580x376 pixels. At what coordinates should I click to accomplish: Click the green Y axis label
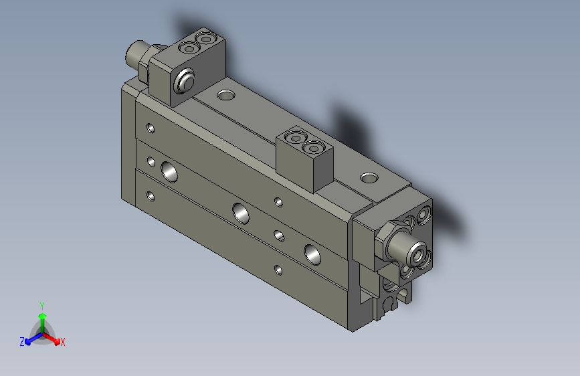[x=41, y=305]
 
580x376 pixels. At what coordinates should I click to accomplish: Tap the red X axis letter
[x=63, y=342]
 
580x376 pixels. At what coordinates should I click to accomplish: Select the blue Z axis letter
[x=22, y=341]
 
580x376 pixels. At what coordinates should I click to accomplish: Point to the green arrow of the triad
[x=41, y=318]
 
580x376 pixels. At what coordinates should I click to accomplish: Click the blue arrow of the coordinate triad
[x=30, y=339]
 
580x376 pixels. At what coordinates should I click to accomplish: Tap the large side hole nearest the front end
[x=311, y=253]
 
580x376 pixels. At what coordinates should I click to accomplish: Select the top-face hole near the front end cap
[x=369, y=178]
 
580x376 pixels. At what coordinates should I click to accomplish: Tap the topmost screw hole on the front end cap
[x=423, y=215]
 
